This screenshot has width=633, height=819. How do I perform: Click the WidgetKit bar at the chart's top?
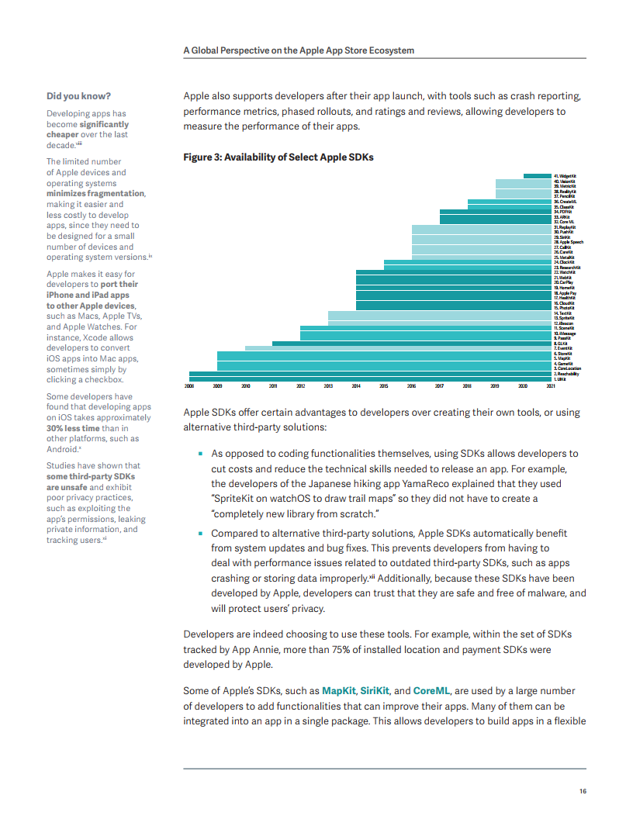537,176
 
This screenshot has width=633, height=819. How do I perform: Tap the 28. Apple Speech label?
569,242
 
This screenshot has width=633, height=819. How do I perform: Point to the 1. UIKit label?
560,379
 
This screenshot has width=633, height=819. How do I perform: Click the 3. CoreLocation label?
567,368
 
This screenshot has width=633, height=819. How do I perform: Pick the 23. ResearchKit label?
567,268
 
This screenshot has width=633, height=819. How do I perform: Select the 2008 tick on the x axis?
189,385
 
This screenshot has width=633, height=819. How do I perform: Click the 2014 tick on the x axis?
356,385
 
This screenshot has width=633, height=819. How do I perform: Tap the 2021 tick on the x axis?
551,385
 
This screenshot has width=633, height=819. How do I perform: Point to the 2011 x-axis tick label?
273,385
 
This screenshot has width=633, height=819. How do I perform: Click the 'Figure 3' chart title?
278,157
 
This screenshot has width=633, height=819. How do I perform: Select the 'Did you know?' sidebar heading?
78,96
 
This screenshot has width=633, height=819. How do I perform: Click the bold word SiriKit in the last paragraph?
376,689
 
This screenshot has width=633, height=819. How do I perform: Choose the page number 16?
583,791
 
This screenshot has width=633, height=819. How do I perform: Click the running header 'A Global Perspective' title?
299,50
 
